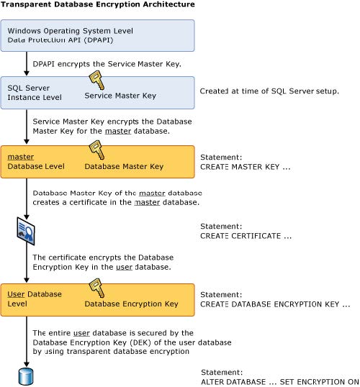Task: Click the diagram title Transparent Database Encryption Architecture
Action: tap(98, 4)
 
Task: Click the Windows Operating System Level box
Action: tap(98, 35)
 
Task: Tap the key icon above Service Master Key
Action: tap(96, 80)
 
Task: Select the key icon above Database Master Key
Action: tap(96, 150)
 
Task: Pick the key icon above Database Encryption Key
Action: tap(96, 288)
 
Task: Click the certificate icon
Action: tap(26, 231)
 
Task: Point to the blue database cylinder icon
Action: tap(26, 377)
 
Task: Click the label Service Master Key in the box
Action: tap(120, 96)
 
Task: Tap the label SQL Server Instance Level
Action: tap(35, 93)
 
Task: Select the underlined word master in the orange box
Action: tap(21, 157)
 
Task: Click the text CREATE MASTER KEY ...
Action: tap(245, 167)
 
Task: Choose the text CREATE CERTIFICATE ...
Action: tap(246, 236)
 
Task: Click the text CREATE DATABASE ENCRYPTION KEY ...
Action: tap(275, 304)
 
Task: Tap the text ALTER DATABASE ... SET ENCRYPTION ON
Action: tap(280, 381)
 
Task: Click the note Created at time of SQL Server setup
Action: tap(269, 91)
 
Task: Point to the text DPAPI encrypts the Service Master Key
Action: tap(107, 64)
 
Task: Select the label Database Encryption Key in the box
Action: tap(131, 304)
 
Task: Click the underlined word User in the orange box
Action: tap(16, 294)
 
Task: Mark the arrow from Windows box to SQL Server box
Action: tap(27, 64)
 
